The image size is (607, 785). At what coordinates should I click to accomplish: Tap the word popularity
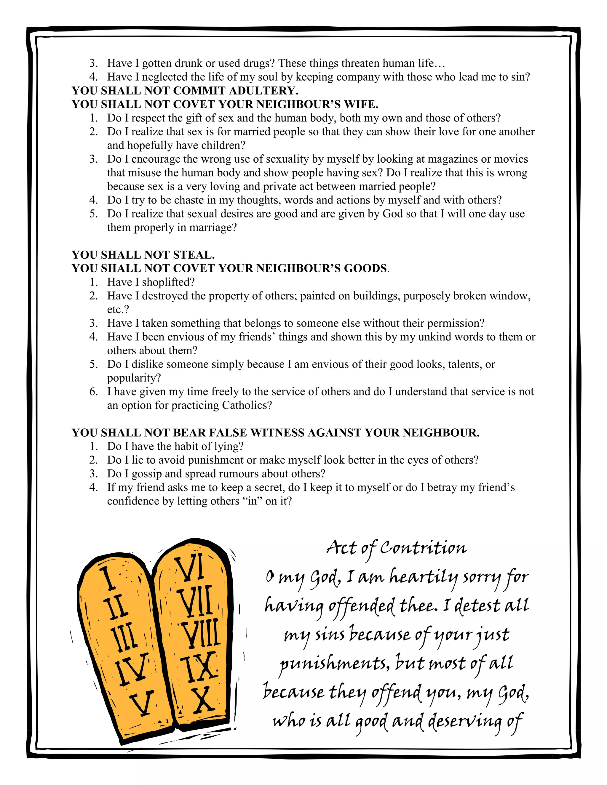click(x=134, y=378)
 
